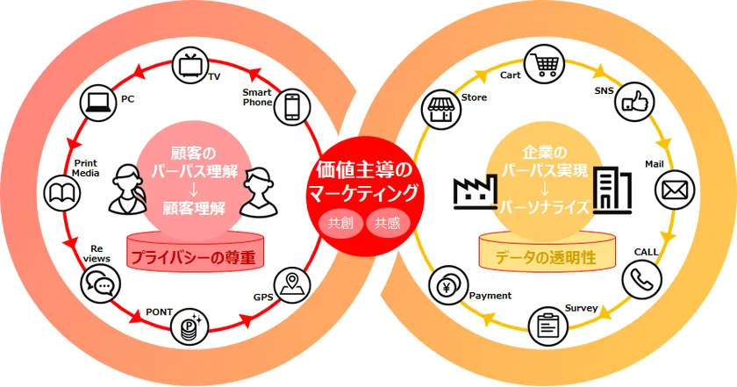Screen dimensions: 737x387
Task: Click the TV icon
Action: [x=191, y=65]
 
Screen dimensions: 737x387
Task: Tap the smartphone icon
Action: [x=292, y=107]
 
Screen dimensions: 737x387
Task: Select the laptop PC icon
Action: [x=97, y=104]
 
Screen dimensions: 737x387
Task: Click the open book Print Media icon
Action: [x=62, y=193]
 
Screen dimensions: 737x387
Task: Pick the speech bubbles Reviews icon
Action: [x=100, y=284]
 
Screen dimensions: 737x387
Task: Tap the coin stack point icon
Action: [x=190, y=326]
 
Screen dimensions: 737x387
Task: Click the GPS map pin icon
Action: [x=292, y=285]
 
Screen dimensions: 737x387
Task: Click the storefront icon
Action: [x=440, y=109]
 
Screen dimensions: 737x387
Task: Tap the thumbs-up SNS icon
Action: [x=635, y=102]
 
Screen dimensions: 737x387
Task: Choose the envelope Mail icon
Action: [x=675, y=190]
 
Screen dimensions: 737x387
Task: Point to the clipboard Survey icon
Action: [x=548, y=326]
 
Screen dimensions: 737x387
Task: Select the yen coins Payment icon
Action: [x=448, y=285]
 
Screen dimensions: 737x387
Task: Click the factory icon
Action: [x=475, y=192]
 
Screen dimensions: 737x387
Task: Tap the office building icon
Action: [x=612, y=190]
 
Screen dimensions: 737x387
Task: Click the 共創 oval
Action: [x=340, y=223]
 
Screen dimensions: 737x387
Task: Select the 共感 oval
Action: [x=388, y=223]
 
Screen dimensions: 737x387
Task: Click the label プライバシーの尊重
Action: [x=193, y=258]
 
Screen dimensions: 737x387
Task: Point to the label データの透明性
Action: [x=546, y=258]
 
